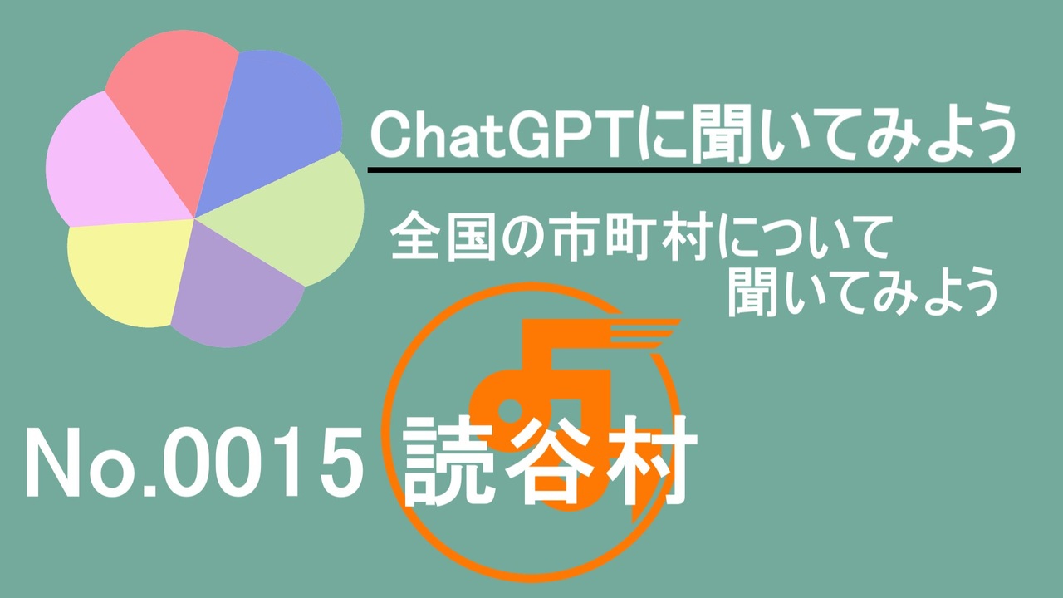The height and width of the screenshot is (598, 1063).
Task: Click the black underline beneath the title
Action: coord(693,170)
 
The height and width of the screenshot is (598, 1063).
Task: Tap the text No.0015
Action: coord(194,463)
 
